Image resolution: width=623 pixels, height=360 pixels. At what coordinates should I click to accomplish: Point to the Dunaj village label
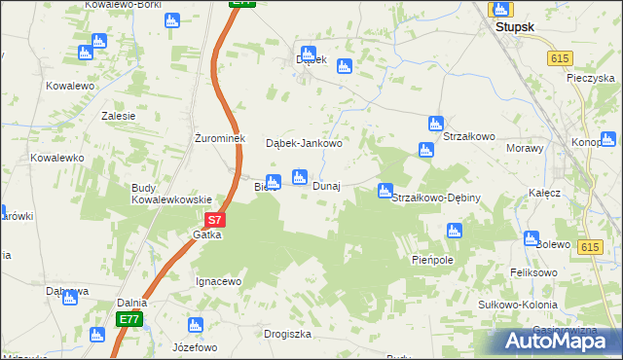coord(326,186)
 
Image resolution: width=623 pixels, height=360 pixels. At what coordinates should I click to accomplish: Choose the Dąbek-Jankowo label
coord(305,143)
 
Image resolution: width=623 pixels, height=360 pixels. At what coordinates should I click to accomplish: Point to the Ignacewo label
coord(218,281)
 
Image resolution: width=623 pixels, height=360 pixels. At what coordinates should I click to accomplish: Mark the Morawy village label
coord(526,148)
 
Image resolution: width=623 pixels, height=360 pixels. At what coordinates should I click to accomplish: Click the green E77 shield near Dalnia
coord(128,319)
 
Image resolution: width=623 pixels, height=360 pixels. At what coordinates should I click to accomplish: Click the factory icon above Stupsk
coord(501,10)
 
